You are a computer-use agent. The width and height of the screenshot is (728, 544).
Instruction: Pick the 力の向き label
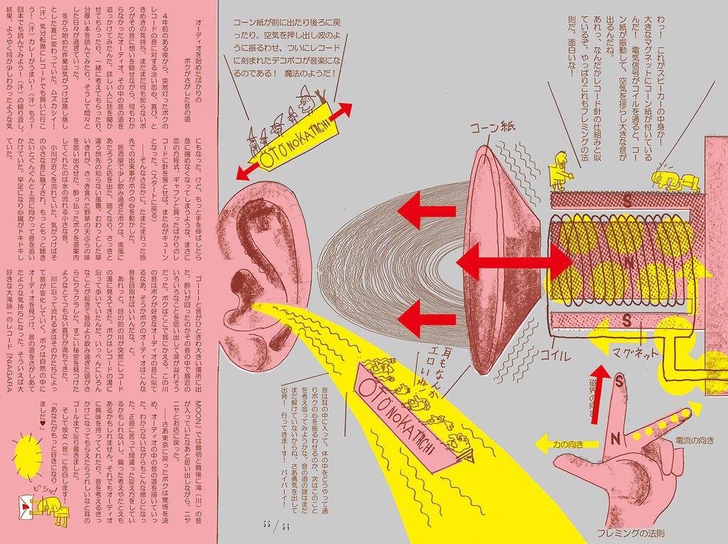[575, 446]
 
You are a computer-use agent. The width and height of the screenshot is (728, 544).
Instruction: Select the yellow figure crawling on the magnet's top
[673, 181]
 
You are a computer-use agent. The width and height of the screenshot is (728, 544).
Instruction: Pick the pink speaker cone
[498, 260]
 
